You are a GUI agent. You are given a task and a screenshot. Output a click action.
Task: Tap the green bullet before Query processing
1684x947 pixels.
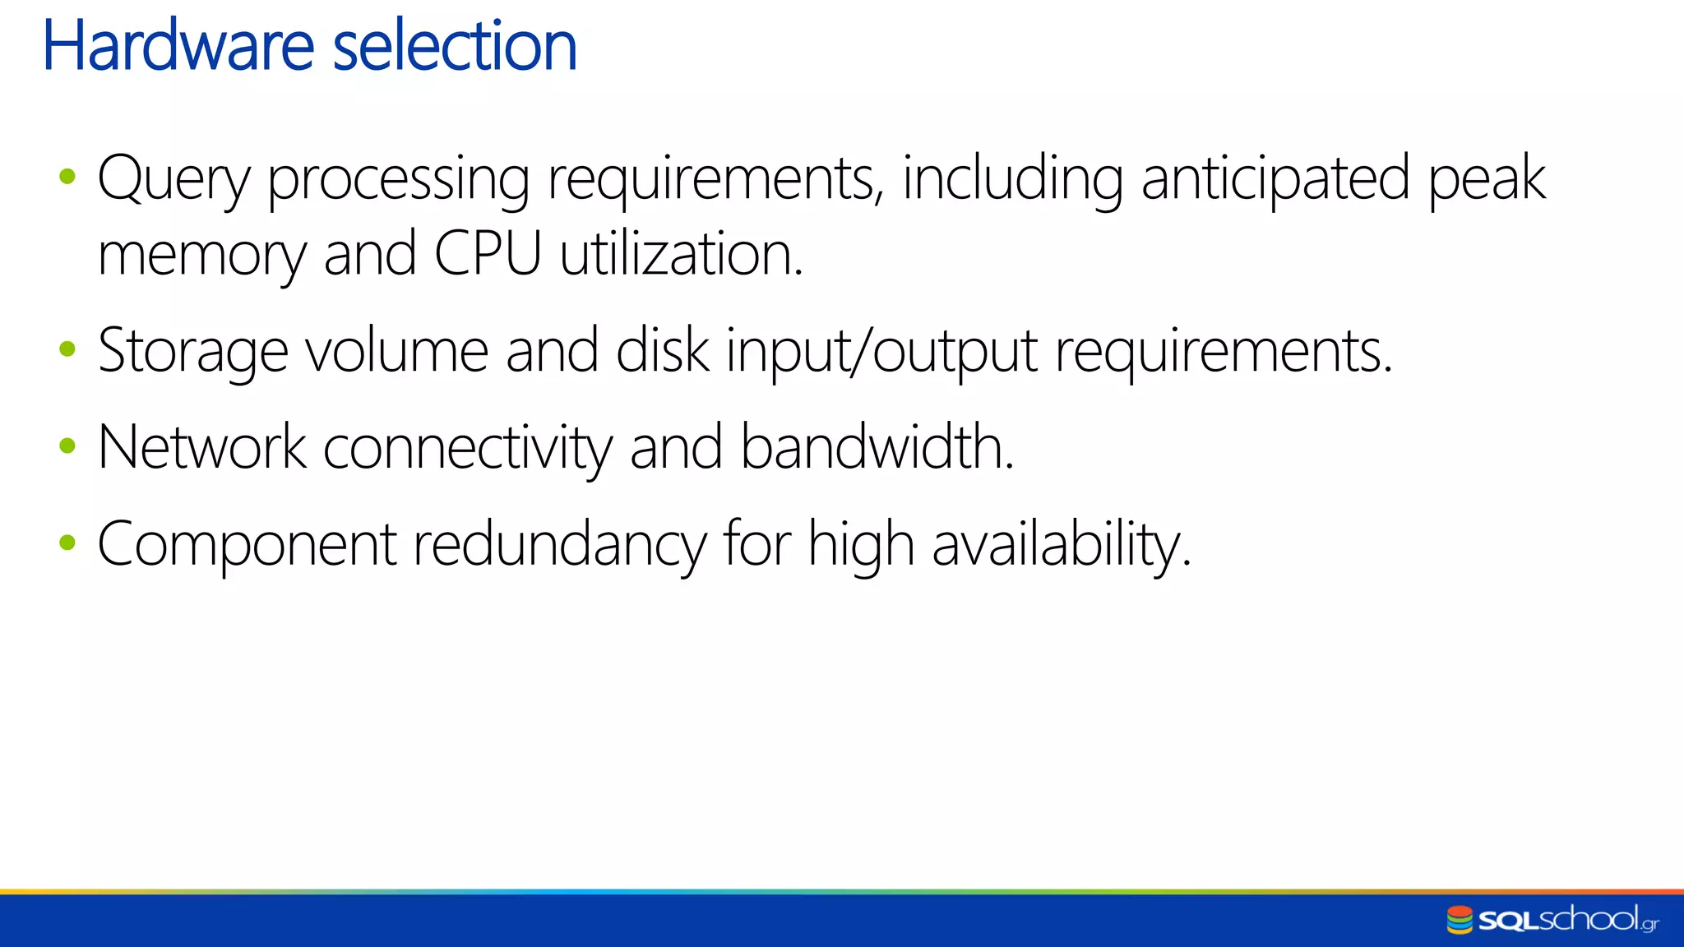coord(67,176)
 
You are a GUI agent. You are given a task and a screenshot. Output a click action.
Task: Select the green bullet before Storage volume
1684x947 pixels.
coord(67,349)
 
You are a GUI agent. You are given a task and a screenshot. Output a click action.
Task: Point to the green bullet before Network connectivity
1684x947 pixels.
coord(67,446)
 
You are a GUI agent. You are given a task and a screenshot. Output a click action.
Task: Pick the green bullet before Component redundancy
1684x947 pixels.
coord(67,543)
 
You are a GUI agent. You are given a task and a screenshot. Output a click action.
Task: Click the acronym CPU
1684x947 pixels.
coord(488,254)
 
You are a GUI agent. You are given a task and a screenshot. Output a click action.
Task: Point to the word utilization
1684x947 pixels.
coord(681,254)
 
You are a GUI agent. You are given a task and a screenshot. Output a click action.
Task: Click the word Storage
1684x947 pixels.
coord(192,353)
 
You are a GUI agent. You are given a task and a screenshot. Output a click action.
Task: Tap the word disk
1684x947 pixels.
coord(662,351)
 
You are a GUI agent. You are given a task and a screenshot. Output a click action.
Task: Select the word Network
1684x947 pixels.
coord(201,448)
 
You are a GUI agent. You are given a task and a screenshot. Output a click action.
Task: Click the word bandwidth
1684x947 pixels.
coord(877,448)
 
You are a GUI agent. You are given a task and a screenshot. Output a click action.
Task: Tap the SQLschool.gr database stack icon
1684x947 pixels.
coord(1460,920)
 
